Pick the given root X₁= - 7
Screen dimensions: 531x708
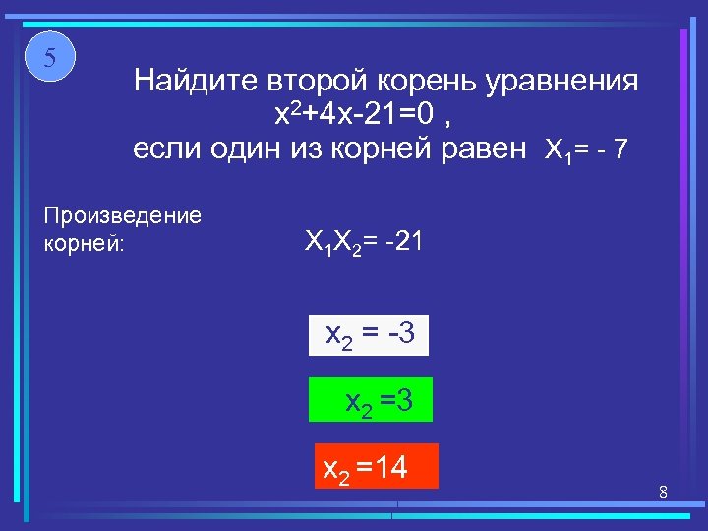[585, 151]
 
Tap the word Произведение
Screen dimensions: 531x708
[123, 215]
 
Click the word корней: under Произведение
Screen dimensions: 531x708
[86, 242]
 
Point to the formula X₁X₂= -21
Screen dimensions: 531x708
[364, 242]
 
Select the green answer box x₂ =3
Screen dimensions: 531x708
[370, 399]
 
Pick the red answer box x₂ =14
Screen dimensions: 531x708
[374, 466]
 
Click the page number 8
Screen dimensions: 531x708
[664, 491]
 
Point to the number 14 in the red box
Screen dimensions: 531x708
[391, 466]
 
